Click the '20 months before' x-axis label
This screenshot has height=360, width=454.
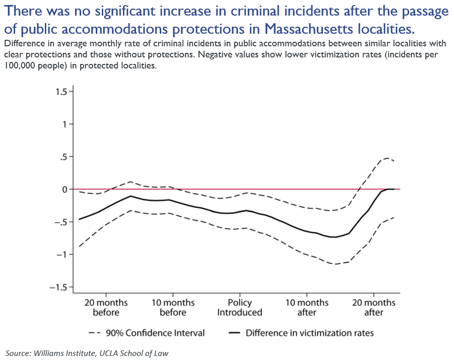coord(106,308)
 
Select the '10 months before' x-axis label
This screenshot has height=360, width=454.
coord(173,308)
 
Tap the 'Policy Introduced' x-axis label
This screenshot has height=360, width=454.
coord(240,308)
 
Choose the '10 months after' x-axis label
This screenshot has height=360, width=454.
coord(307,308)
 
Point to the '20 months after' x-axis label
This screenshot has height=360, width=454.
coord(374,308)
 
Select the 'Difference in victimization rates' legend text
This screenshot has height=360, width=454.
coord(309,333)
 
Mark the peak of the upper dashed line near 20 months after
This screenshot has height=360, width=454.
coord(386,158)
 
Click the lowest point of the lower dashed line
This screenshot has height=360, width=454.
coord(335,264)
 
